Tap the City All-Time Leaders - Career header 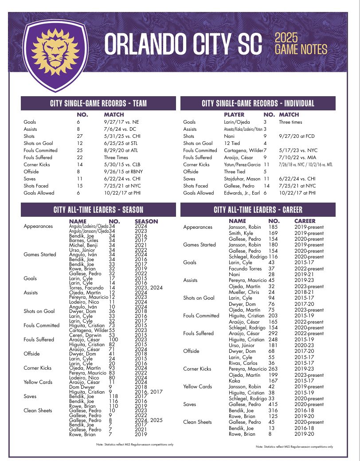click(258, 210)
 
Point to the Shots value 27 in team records click(80, 136)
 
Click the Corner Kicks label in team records click(37, 164)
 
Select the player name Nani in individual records click(229, 136)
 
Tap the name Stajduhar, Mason click(242, 179)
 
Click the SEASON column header click(146, 221)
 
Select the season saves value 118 click(114, 396)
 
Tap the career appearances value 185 click(274, 227)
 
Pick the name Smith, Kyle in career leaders click(241, 233)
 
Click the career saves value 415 click(274, 404)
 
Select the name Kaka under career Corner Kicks click(234, 381)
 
